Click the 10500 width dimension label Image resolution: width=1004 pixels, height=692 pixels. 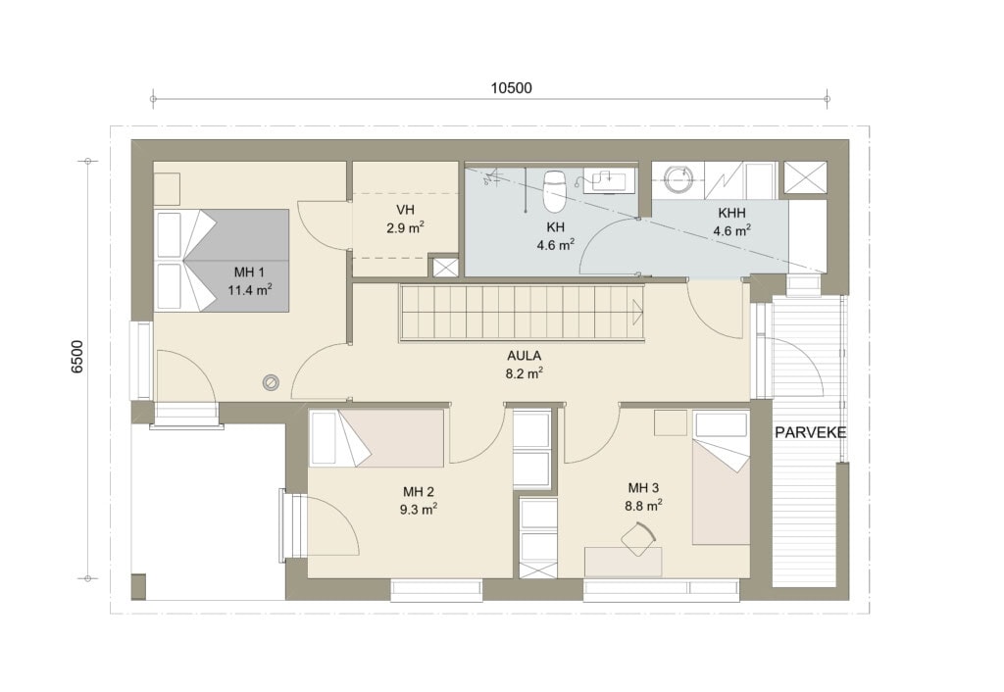pos(511,88)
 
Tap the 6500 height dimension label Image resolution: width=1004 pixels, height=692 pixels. pos(77,357)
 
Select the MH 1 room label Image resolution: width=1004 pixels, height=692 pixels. pos(249,273)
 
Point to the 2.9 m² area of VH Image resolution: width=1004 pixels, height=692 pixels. pos(406,227)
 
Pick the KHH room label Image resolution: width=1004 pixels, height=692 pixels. pos(731,213)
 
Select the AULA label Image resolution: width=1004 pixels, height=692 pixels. pos(524,356)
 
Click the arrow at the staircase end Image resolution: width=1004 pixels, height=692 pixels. pos(637,313)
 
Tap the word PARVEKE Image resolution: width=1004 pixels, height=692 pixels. pos(810,432)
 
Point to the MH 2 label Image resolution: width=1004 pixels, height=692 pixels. pos(418,492)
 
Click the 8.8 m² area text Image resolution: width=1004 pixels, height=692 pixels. pos(643,506)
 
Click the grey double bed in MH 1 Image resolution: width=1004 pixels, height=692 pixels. pos(223,260)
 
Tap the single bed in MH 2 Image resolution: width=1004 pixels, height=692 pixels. pos(376,438)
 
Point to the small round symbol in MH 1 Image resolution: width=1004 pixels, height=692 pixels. pos(271,382)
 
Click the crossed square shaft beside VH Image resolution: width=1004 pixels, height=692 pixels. pos(445,267)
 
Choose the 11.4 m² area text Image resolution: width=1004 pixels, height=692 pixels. pos(250,291)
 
